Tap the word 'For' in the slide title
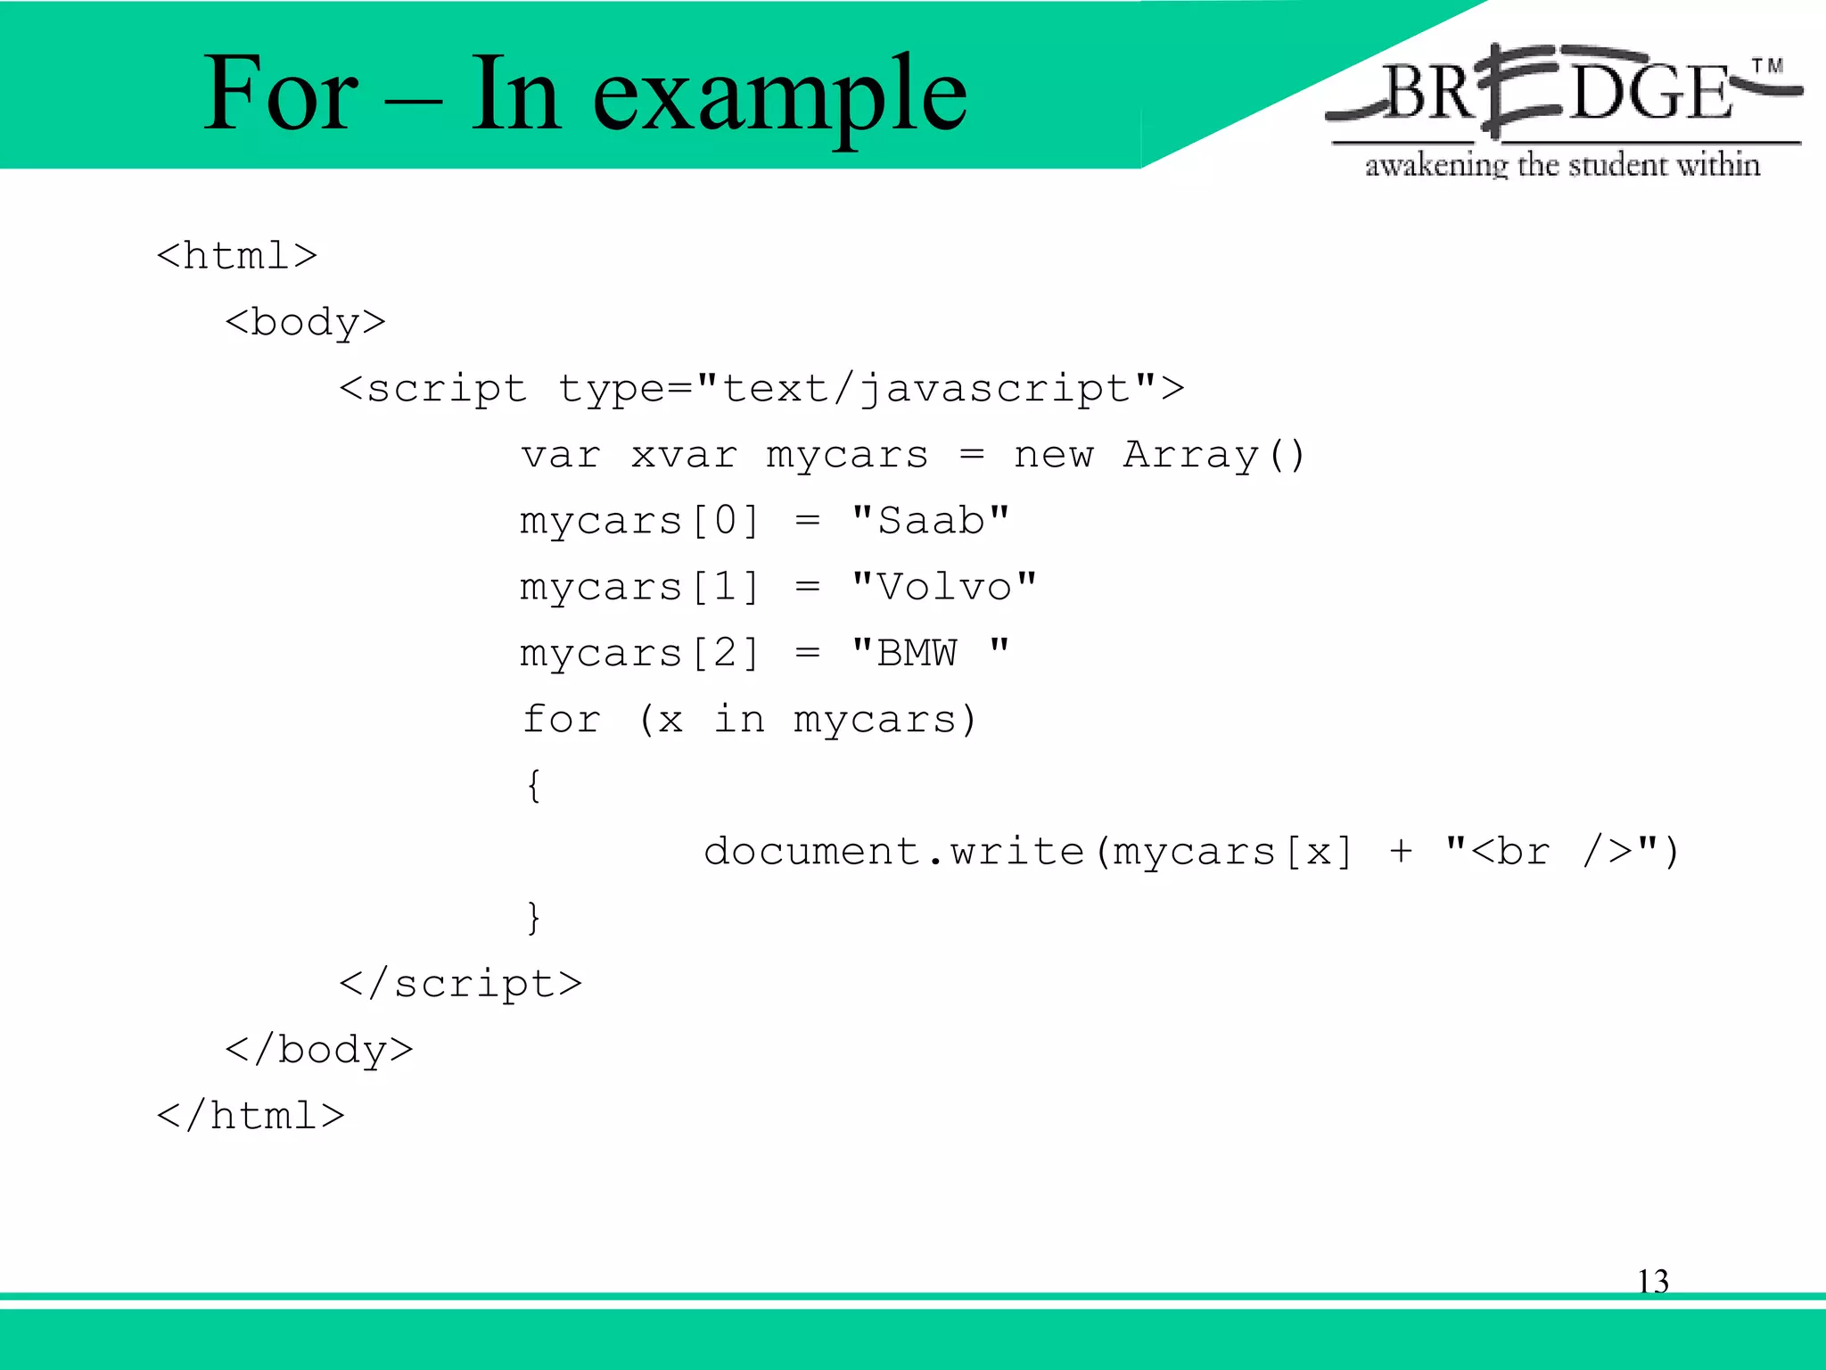click(x=280, y=93)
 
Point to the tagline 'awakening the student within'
click(x=1562, y=165)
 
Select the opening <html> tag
click(x=236, y=256)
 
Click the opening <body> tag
click(x=305, y=322)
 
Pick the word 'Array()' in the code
click(x=1213, y=455)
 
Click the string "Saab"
click(x=930, y=520)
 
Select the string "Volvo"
click(x=943, y=587)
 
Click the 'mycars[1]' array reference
click(x=638, y=587)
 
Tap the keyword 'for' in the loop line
click(x=562, y=719)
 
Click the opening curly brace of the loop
click(x=533, y=786)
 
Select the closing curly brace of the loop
click(x=533, y=918)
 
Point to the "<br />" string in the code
click(x=1551, y=851)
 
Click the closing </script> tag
click(x=460, y=984)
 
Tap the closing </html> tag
click(x=251, y=1116)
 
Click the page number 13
click(x=1652, y=1282)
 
